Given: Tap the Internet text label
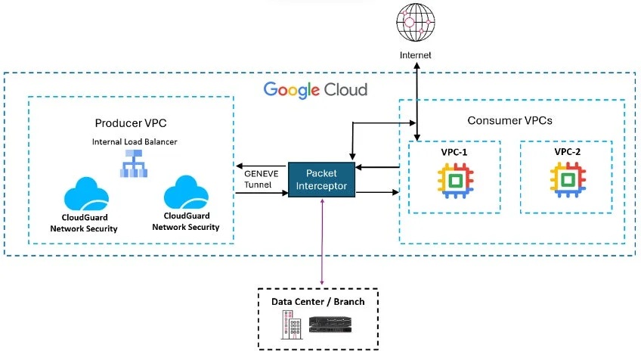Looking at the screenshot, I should click(416, 55).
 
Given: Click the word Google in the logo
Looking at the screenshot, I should click(291, 90).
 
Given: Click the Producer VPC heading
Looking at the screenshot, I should click(130, 123).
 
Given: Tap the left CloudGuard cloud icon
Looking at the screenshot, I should click(89, 195).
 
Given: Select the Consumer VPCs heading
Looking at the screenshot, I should click(510, 119).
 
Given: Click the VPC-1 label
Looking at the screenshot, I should click(454, 151).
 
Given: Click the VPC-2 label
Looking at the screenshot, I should click(566, 151).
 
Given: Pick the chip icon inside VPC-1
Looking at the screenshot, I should click(454, 180).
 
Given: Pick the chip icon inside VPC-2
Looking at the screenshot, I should click(566, 180).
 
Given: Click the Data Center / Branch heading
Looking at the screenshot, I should click(317, 302).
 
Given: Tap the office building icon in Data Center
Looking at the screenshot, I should click(290, 326).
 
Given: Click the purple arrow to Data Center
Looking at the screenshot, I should click(324, 242).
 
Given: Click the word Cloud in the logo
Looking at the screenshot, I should click(345, 90).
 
